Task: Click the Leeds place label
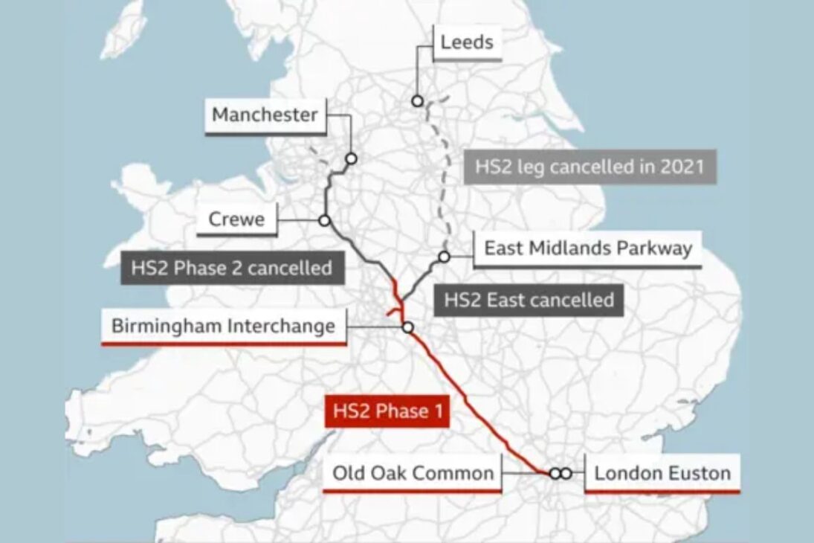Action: point(466,42)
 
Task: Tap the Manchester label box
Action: point(265,115)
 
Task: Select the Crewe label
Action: point(236,220)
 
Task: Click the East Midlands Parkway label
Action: point(587,248)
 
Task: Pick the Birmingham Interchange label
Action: point(223,326)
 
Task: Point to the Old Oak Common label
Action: point(413,472)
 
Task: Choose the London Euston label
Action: point(662,472)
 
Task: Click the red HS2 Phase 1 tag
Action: point(387,411)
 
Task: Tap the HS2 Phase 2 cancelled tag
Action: point(231,268)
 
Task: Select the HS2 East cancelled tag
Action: point(529,301)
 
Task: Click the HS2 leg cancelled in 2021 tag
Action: point(589,166)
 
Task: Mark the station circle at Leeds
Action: point(418,100)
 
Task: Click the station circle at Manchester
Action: point(351,158)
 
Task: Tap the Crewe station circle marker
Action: point(324,220)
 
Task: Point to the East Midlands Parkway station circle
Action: point(444,257)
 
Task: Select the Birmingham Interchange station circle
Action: point(407,327)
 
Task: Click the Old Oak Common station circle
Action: point(555,473)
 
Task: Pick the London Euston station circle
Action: point(566,473)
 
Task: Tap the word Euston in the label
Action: point(697,472)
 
